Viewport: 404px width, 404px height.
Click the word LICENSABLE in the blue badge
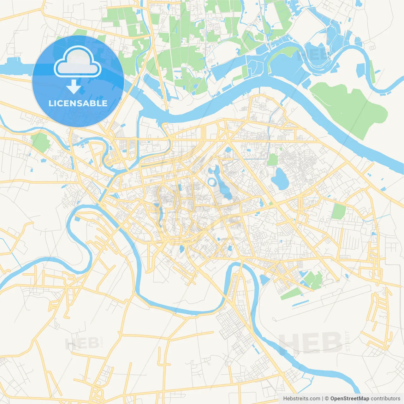coord(78,103)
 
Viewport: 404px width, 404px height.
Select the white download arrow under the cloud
coord(74,87)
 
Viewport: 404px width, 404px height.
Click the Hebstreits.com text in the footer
coord(301,399)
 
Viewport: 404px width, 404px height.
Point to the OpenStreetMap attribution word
coord(349,399)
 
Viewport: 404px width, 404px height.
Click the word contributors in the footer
coord(385,399)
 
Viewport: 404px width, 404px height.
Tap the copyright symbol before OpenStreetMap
coord(327,399)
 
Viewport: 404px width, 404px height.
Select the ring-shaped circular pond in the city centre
coord(211,182)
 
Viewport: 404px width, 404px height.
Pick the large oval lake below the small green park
coord(280,179)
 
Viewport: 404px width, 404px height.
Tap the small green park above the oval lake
coord(272,160)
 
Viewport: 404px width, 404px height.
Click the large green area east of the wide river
coord(350,107)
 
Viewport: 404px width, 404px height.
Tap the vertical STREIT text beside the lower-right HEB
coord(348,341)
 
